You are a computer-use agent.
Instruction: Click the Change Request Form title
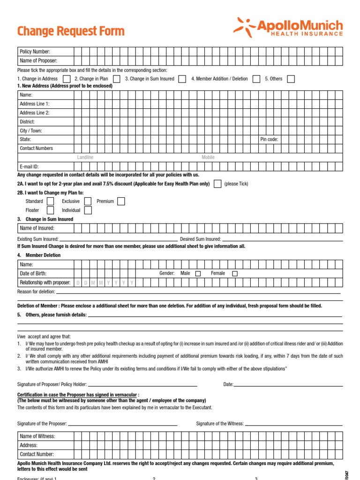71,31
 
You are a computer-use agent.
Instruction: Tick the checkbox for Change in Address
67,79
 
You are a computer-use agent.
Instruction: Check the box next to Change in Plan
116,79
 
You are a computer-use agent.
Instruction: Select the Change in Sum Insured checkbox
182,79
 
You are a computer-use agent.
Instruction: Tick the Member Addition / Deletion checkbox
256,79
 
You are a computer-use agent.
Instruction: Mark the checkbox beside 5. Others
291,79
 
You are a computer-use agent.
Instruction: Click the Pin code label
269,139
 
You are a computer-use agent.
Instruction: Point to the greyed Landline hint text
85,157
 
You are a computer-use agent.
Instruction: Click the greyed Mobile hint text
208,157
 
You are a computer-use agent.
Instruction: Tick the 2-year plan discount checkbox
217,184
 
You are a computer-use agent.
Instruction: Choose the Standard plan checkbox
50,201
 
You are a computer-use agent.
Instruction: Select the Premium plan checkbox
121,201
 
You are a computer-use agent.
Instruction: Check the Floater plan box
50,210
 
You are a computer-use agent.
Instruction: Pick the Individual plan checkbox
88,210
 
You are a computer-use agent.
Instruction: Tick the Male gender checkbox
198,273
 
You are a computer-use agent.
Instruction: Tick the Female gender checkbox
235,273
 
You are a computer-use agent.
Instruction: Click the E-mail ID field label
29,166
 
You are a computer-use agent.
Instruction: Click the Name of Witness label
37,436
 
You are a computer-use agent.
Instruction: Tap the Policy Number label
35,52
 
